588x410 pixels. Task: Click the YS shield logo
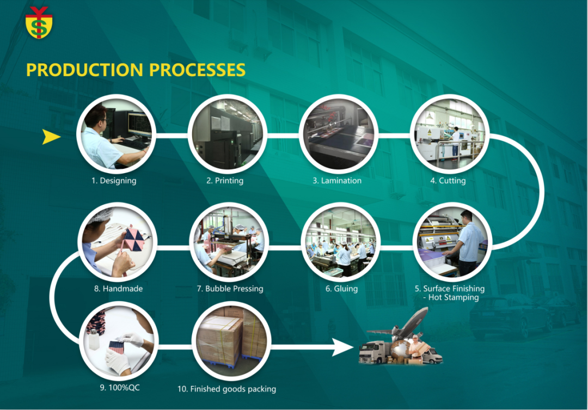pos(39,22)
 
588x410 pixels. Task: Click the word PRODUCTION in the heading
pos(85,70)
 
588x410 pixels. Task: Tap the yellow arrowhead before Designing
pos(51,137)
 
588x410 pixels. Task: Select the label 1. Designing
pos(114,181)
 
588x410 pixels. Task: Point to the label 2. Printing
pos(225,181)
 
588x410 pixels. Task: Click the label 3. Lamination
pos(337,181)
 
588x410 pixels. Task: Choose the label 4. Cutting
pos(448,181)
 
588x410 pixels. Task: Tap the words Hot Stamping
pos(454,297)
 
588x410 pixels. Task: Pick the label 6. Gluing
pos(341,289)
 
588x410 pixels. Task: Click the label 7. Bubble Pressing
pos(230,289)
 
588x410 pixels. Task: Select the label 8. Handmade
pos(119,289)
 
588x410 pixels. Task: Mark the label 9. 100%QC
pos(120,388)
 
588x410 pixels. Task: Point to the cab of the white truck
pos(369,353)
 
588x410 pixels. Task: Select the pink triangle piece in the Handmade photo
pos(134,238)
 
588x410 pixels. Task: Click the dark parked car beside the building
pos(510,316)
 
